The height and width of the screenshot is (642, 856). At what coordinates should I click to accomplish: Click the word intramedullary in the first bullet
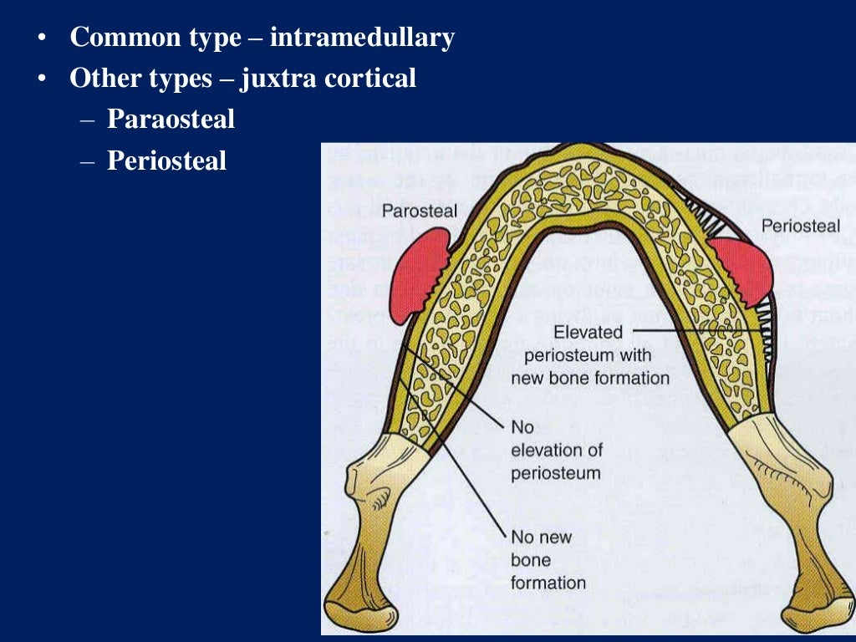tap(362, 38)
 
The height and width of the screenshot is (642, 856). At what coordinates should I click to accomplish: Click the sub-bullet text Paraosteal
tap(171, 120)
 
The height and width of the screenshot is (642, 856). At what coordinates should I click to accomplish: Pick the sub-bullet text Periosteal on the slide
tap(166, 160)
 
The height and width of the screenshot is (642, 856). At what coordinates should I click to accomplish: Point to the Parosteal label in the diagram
tap(420, 211)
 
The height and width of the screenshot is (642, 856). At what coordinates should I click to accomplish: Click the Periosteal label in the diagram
tap(800, 226)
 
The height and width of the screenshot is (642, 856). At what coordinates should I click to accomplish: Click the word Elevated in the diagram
tap(588, 333)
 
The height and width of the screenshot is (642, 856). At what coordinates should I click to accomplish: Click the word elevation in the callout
tap(556, 450)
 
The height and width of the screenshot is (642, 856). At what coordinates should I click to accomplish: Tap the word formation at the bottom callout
tap(548, 583)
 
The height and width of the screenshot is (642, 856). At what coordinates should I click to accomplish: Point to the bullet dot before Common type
tap(41, 38)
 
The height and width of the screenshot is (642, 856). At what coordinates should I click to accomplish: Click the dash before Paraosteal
tap(88, 120)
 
